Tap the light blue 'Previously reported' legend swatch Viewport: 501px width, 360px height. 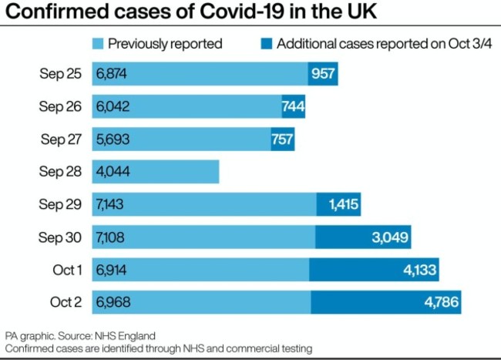point(98,43)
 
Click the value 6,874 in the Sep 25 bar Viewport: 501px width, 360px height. point(112,74)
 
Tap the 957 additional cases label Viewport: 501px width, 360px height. point(323,74)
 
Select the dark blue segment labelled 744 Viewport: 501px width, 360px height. point(293,106)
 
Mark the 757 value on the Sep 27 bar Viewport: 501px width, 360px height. point(282,139)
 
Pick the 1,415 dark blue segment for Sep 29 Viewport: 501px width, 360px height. point(338,204)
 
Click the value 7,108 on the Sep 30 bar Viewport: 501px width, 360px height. point(112,237)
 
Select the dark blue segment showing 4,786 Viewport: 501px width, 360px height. point(386,301)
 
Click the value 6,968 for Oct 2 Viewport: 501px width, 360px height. point(113,301)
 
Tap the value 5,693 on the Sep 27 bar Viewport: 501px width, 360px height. point(112,139)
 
